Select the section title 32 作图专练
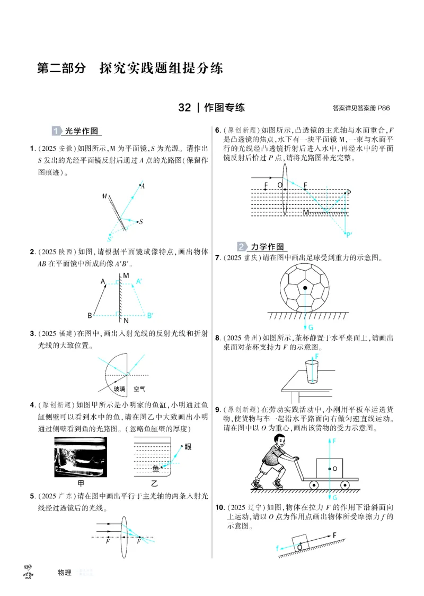click(211, 108)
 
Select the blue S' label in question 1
click(110, 239)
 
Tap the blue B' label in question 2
click(150, 315)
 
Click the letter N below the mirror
click(126, 321)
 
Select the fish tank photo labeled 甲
click(81, 456)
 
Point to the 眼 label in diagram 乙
click(188, 447)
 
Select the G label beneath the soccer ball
click(310, 327)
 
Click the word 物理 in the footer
click(64, 573)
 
